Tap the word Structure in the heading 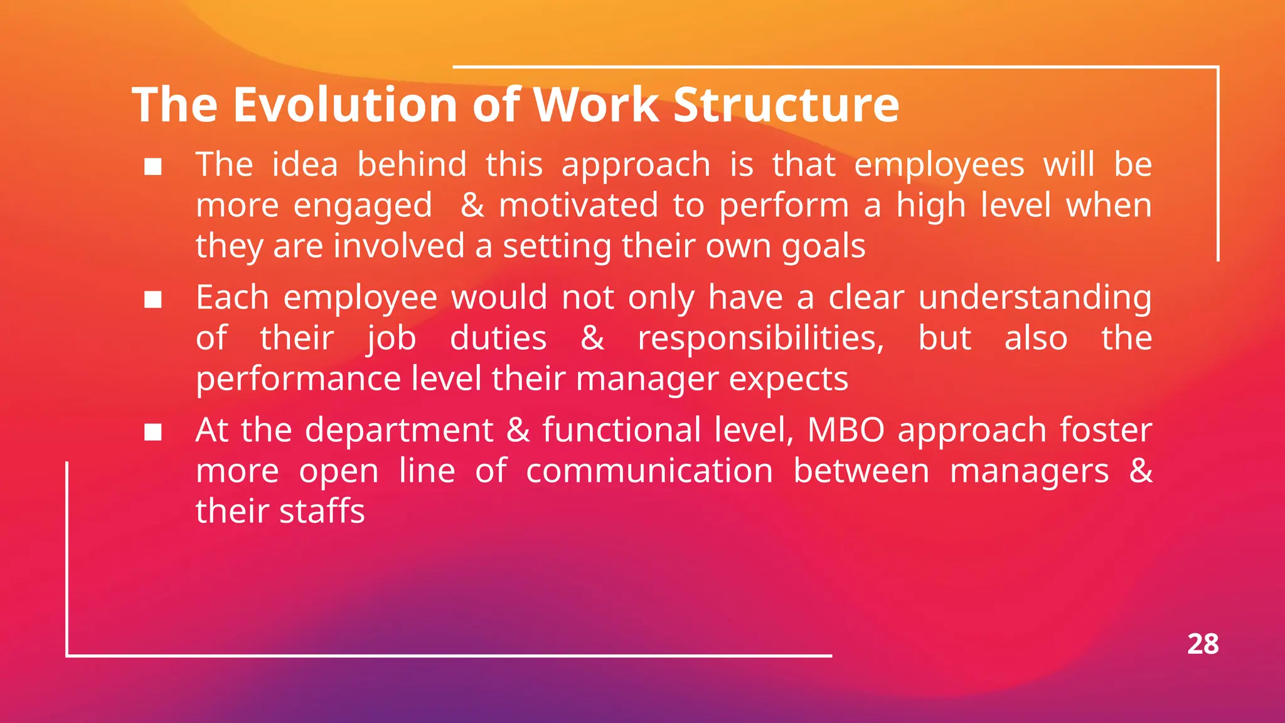pos(786,104)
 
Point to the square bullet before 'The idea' pos(153,167)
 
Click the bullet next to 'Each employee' pos(153,300)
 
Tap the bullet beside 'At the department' pos(153,432)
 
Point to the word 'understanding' pos(1035,298)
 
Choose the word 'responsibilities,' pos(761,339)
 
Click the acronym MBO pos(846,431)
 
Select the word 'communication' pos(649,471)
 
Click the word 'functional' pos(622,431)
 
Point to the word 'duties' pos(498,339)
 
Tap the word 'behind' pos(412,165)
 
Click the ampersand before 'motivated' pos(472,205)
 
